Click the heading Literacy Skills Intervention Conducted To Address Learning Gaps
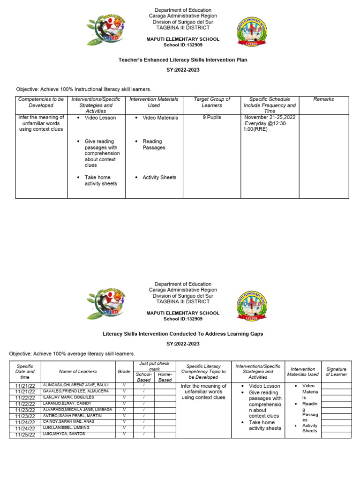183,334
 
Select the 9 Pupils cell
212,118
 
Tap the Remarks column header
323,99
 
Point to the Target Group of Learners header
212,102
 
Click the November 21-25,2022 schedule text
270,117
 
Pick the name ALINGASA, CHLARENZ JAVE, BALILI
75,385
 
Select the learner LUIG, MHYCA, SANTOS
64,434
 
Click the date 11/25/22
25,435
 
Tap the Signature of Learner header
336,372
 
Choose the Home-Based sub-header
165,377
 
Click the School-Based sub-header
143,377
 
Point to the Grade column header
124,371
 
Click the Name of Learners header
78,371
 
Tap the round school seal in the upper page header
252,32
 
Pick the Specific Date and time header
25,371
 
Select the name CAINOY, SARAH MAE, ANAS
68,421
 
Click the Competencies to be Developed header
41,102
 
